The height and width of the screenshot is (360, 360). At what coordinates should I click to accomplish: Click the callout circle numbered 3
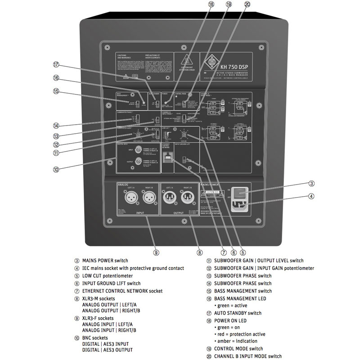pos(311,184)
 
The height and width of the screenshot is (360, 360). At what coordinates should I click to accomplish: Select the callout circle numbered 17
pos(56,64)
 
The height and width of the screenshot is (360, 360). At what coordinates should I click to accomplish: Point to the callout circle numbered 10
pos(56,170)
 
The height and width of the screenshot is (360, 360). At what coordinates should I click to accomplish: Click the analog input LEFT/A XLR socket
pos(127,198)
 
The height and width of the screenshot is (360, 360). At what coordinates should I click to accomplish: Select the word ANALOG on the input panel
pos(123,184)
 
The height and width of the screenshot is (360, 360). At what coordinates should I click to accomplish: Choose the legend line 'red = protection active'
pos(242,334)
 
